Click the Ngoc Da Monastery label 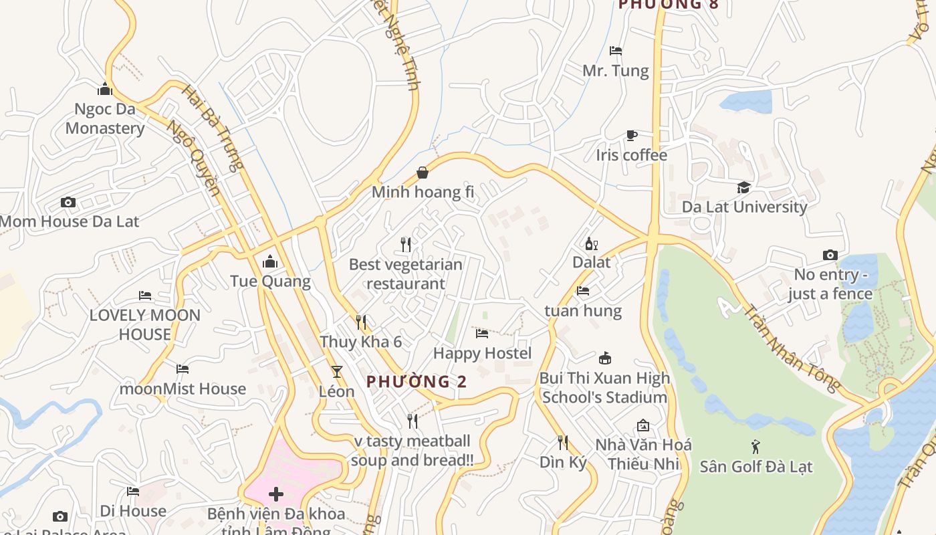pyautogui.click(x=105, y=118)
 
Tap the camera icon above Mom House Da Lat pyautogui.click(x=68, y=202)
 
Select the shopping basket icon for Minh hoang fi pyautogui.click(x=423, y=173)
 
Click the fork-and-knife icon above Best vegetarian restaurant pyautogui.click(x=405, y=244)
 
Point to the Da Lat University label pyautogui.click(x=744, y=207)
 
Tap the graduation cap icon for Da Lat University pyautogui.click(x=743, y=187)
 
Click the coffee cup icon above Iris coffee pyautogui.click(x=631, y=136)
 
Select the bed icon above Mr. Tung pyautogui.click(x=616, y=51)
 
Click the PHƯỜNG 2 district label pyautogui.click(x=416, y=382)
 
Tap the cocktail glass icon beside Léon pyautogui.click(x=336, y=372)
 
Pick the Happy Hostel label pyautogui.click(x=482, y=353)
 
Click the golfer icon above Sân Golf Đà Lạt pyautogui.click(x=755, y=446)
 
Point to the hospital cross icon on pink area pyautogui.click(x=275, y=494)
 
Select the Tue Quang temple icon pyautogui.click(x=270, y=261)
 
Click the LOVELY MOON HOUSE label pyautogui.click(x=144, y=324)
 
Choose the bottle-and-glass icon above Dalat pyautogui.click(x=591, y=243)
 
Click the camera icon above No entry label pyautogui.click(x=830, y=255)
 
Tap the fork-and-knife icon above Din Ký pyautogui.click(x=563, y=442)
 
